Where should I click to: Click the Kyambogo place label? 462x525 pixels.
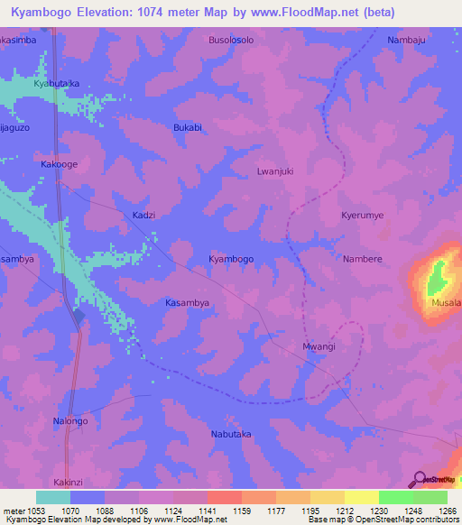(x=231, y=259)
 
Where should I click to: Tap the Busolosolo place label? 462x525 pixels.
(x=232, y=41)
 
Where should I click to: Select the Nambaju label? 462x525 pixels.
(x=405, y=41)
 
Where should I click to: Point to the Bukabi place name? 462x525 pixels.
(x=187, y=128)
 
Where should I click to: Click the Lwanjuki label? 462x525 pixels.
(x=275, y=170)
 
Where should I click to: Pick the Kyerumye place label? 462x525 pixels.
(x=362, y=216)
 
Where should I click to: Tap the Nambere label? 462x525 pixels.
(x=363, y=259)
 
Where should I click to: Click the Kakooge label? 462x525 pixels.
(x=59, y=165)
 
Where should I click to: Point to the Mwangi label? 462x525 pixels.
(x=319, y=346)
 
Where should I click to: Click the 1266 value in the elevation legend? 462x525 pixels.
(x=436, y=511)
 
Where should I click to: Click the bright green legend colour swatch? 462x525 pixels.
(x=395, y=497)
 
